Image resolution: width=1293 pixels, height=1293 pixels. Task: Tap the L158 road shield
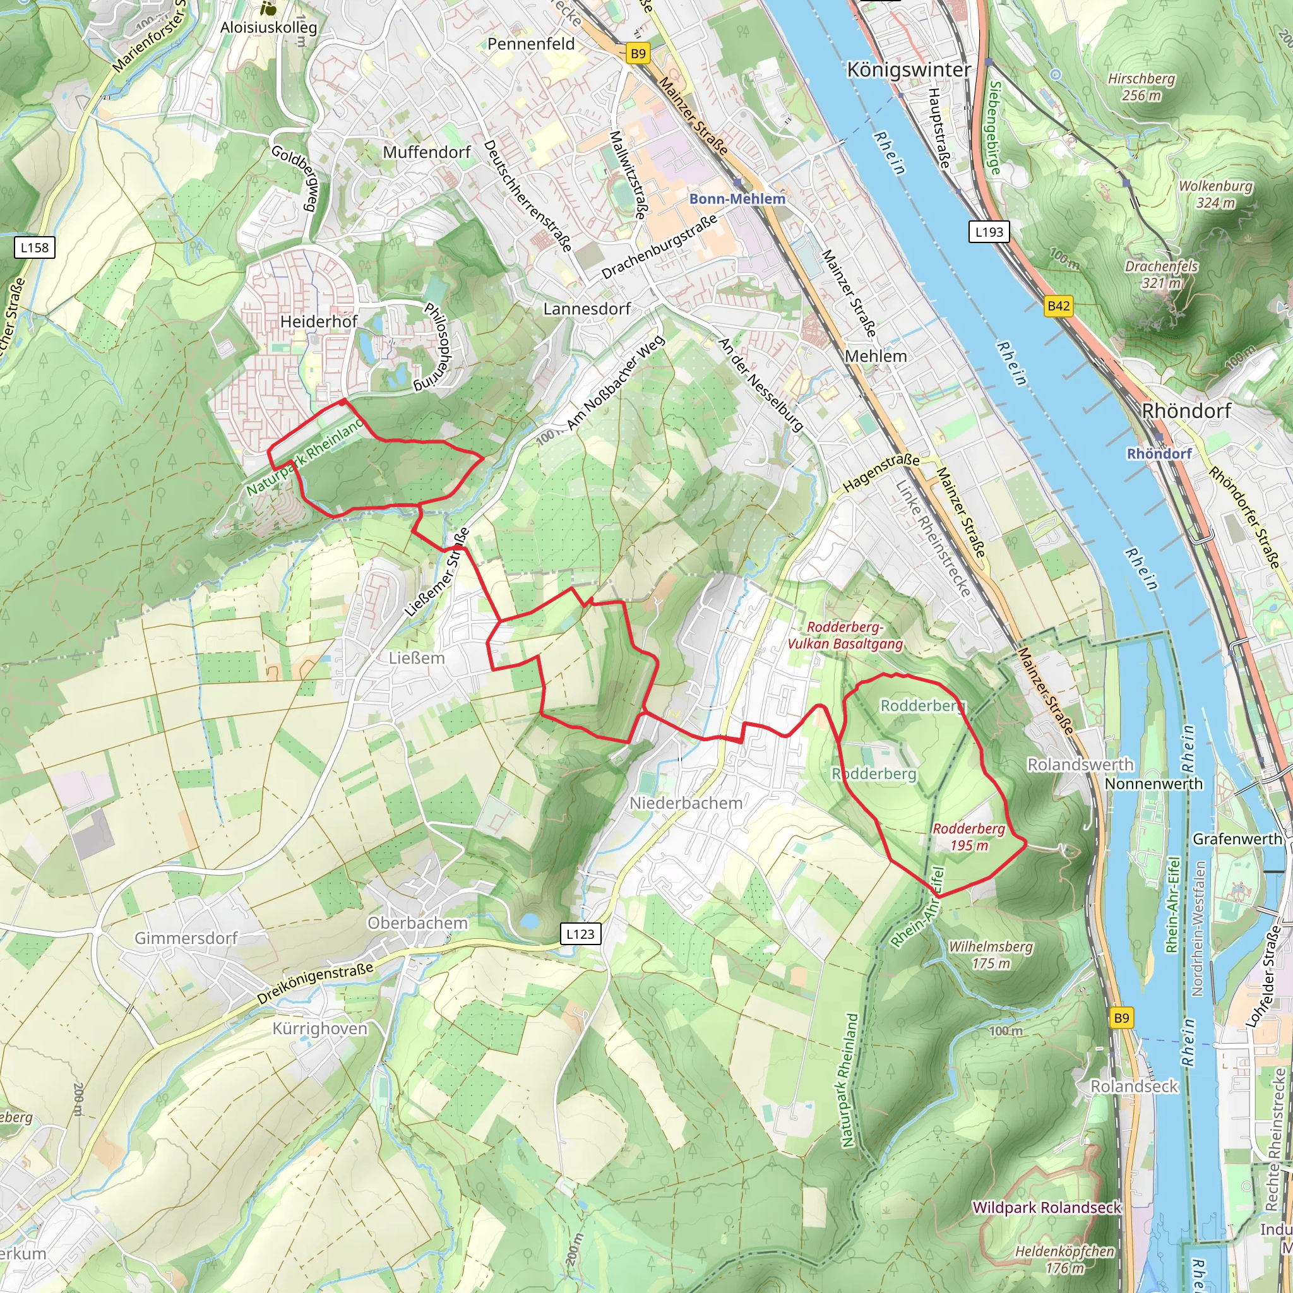[35, 247]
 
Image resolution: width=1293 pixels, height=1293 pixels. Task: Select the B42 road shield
[1058, 306]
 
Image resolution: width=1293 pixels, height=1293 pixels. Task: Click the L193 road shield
[989, 232]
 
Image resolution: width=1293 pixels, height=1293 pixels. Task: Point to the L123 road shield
[580, 934]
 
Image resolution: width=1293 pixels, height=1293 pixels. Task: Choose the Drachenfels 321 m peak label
[1161, 275]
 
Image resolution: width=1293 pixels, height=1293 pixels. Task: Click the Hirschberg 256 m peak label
[1141, 87]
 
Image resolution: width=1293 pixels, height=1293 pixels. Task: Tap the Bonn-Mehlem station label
[737, 199]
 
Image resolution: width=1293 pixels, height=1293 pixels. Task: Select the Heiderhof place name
[319, 322]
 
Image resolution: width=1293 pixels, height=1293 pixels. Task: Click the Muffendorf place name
[427, 153]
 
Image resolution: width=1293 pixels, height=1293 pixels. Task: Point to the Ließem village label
[416, 658]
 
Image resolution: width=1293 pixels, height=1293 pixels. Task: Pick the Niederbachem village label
[686, 803]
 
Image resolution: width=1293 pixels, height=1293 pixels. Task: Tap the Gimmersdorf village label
[186, 938]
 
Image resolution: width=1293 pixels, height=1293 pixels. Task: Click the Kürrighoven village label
[320, 1028]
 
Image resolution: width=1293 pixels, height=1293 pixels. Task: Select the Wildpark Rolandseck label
[1047, 1207]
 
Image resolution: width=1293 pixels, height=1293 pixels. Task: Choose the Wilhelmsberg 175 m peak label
[991, 955]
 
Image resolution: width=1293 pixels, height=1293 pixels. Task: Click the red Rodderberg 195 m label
[969, 837]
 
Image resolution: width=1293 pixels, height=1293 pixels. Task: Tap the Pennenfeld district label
[531, 44]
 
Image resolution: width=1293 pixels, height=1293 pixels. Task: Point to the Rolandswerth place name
[1080, 765]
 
